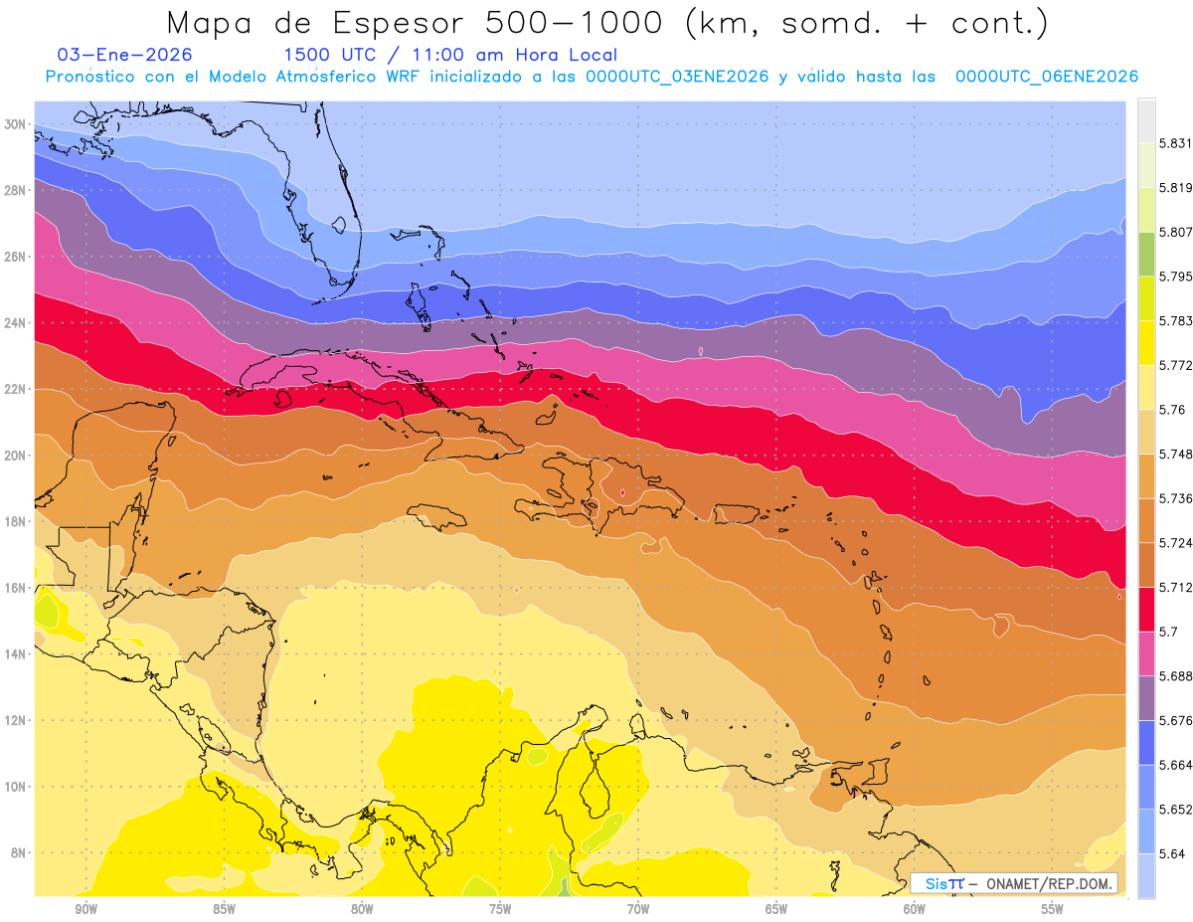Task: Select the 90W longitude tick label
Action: coord(85,909)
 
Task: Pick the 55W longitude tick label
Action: coord(1052,909)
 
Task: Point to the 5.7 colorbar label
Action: coord(1169,632)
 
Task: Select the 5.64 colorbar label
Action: coord(1173,853)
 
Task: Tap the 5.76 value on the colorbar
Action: coord(1173,410)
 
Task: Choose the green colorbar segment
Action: coord(1147,254)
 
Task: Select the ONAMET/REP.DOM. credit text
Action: coord(1051,883)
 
